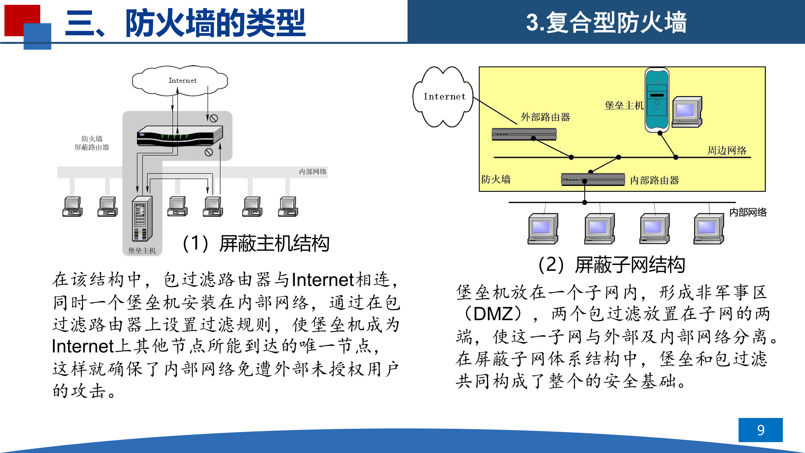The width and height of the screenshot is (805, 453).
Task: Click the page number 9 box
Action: (x=760, y=430)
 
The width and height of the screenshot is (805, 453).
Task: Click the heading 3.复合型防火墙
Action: (x=606, y=22)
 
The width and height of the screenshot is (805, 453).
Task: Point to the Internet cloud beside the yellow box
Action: (x=443, y=97)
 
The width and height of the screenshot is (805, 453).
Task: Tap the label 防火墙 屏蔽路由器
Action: (x=92, y=143)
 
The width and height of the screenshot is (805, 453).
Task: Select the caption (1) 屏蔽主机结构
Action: (x=256, y=244)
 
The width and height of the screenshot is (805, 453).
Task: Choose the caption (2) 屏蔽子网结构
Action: (x=612, y=265)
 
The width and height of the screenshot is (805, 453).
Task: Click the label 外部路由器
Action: (x=545, y=117)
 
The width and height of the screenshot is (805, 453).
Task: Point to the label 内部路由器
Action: (x=654, y=180)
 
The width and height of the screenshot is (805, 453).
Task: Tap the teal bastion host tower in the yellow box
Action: (x=657, y=100)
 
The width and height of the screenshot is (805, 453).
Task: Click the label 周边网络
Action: (x=727, y=151)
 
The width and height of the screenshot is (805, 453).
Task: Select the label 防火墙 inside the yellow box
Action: (x=496, y=179)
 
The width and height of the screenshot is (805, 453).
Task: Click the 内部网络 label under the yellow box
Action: (x=748, y=212)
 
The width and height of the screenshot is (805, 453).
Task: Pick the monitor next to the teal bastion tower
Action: (x=687, y=112)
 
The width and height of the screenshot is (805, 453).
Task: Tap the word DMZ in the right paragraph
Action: (x=495, y=314)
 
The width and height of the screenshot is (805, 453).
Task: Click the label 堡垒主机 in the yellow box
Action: (x=624, y=105)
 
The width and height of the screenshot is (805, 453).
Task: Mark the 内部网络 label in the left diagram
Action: (x=312, y=172)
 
